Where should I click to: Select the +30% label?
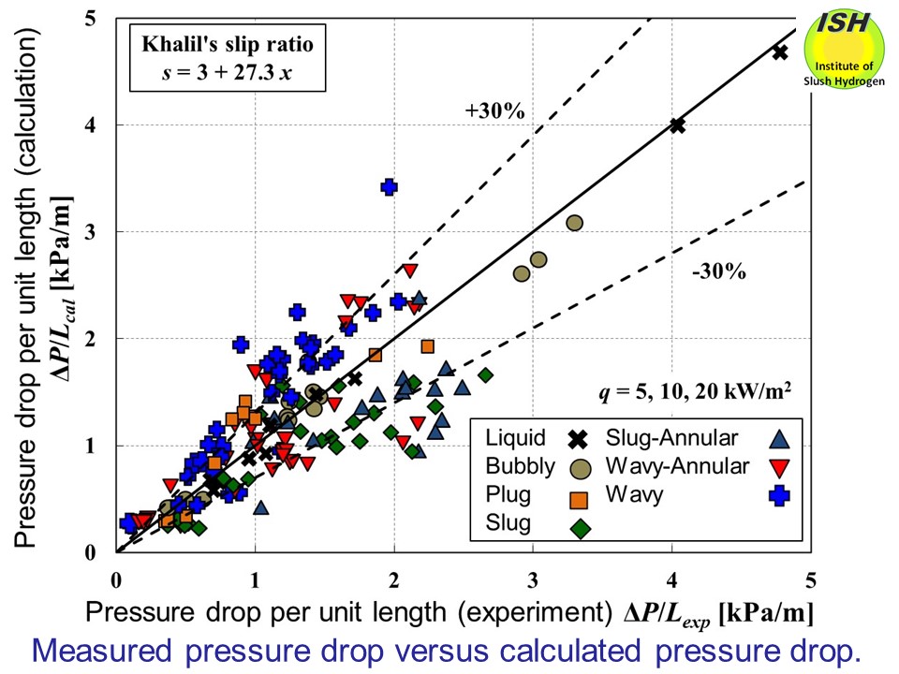point(494,111)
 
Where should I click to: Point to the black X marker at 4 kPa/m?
point(677,125)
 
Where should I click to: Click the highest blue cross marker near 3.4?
point(390,186)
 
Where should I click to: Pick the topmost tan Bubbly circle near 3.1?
point(574,223)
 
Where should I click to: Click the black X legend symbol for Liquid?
point(579,437)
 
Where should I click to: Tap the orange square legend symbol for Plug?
point(579,497)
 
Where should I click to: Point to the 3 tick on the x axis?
point(533,580)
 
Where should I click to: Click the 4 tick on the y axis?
point(94,125)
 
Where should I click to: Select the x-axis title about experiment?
point(449,613)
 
